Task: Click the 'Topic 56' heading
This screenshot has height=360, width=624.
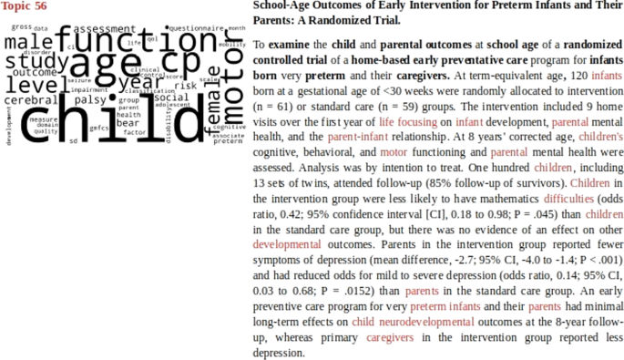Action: coord(24,6)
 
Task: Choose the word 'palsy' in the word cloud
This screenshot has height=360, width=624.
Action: coord(91,100)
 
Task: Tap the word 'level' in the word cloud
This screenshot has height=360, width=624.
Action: coord(31,85)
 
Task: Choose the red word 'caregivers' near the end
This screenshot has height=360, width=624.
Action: coord(390,336)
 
